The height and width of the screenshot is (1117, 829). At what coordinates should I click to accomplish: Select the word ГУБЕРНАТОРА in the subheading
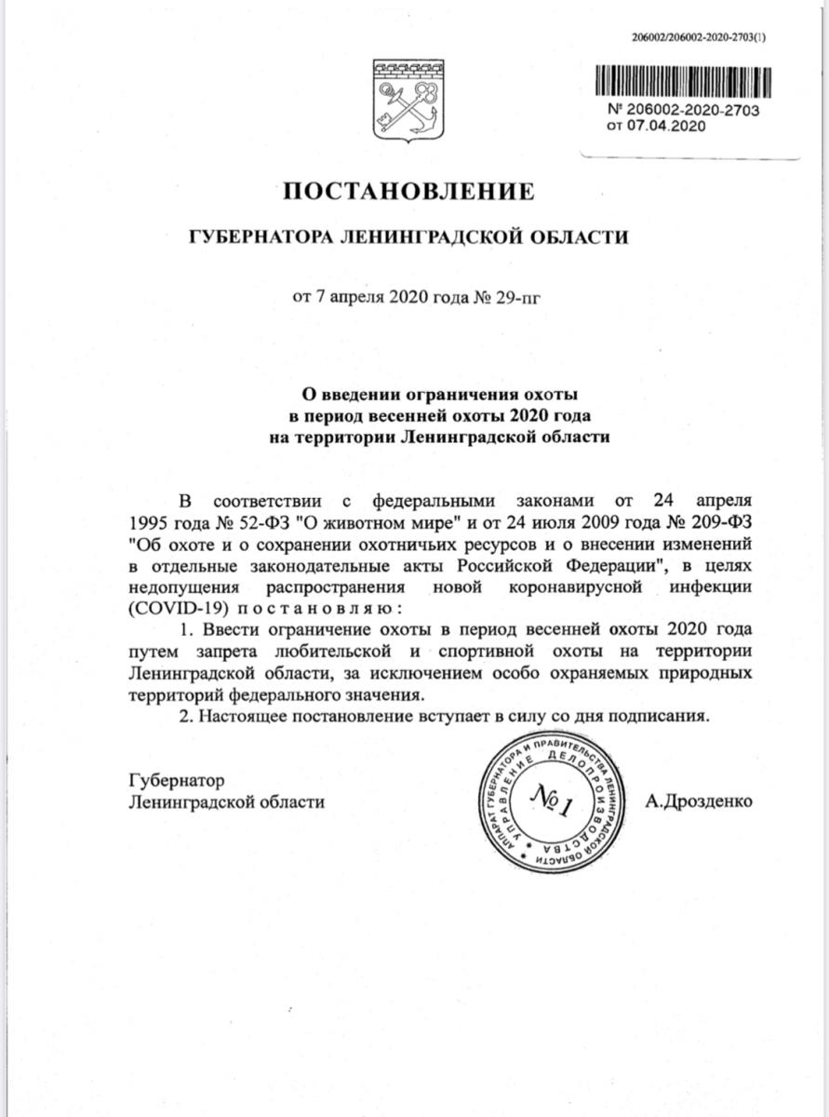tap(249, 237)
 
